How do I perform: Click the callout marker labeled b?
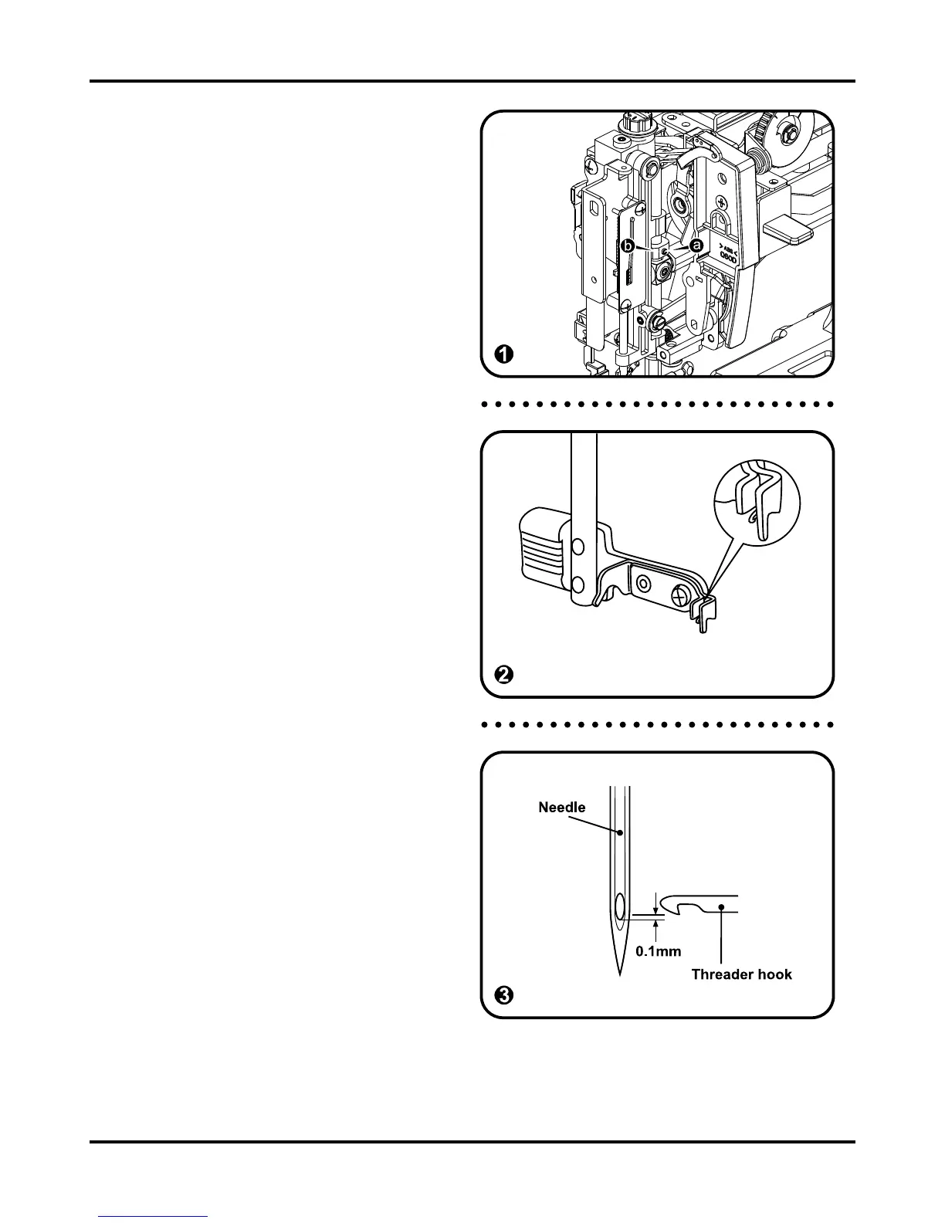628,246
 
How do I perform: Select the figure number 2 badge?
503,675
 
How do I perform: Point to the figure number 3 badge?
503,995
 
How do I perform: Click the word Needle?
561,808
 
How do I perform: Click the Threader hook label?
741,974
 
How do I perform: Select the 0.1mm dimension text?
658,952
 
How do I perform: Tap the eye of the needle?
620,906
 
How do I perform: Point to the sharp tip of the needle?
620,974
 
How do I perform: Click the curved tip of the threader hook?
669,906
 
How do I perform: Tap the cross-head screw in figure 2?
682,595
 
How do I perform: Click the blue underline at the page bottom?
153,1217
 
